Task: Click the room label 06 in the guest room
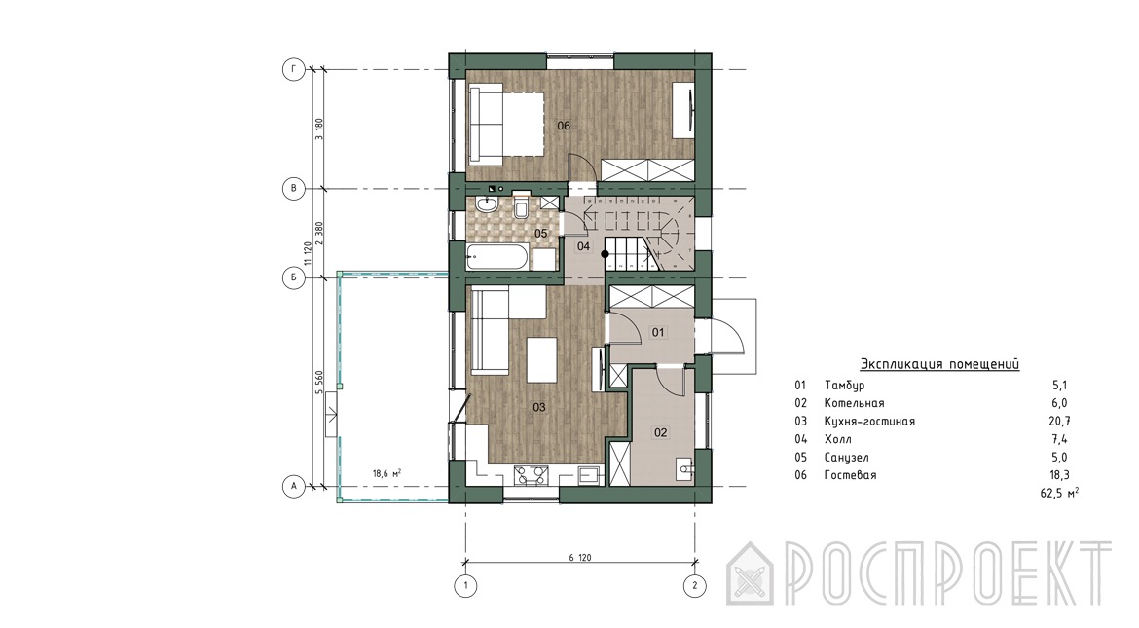click(x=564, y=126)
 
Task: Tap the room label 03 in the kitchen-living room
click(x=539, y=407)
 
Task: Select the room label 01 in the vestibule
click(x=658, y=332)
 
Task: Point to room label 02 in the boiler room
click(x=660, y=432)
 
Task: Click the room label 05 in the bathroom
click(x=540, y=234)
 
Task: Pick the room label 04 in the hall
click(x=584, y=246)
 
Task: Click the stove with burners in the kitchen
click(x=531, y=475)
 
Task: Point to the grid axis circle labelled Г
click(x=293, y=70)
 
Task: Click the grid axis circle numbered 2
click(x=695, y=585)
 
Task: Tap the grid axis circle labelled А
click(x=293, y=486)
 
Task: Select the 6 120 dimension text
click(x=579, y=558)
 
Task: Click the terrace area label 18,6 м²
click(x=387, y=473)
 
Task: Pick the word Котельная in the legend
click(x=855, y=403)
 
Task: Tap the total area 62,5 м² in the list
click(x=1059, y=493)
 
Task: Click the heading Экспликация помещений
click(x=939, y=364)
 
